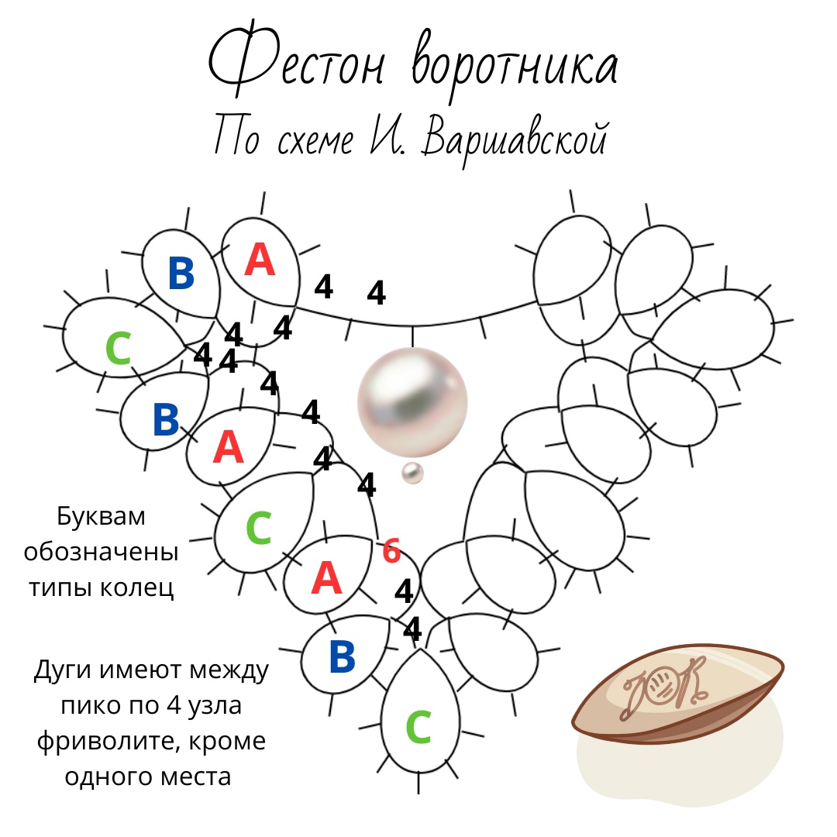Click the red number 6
[391, 552]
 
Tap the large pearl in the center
[412, 403]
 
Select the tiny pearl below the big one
[412, 474]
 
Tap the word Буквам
[102, 517]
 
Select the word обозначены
[102, 553]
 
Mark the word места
[195, 777]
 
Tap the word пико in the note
[86, 706]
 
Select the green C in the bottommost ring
[418, 728]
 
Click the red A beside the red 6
[326, 578]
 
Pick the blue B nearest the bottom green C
[342, 656]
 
